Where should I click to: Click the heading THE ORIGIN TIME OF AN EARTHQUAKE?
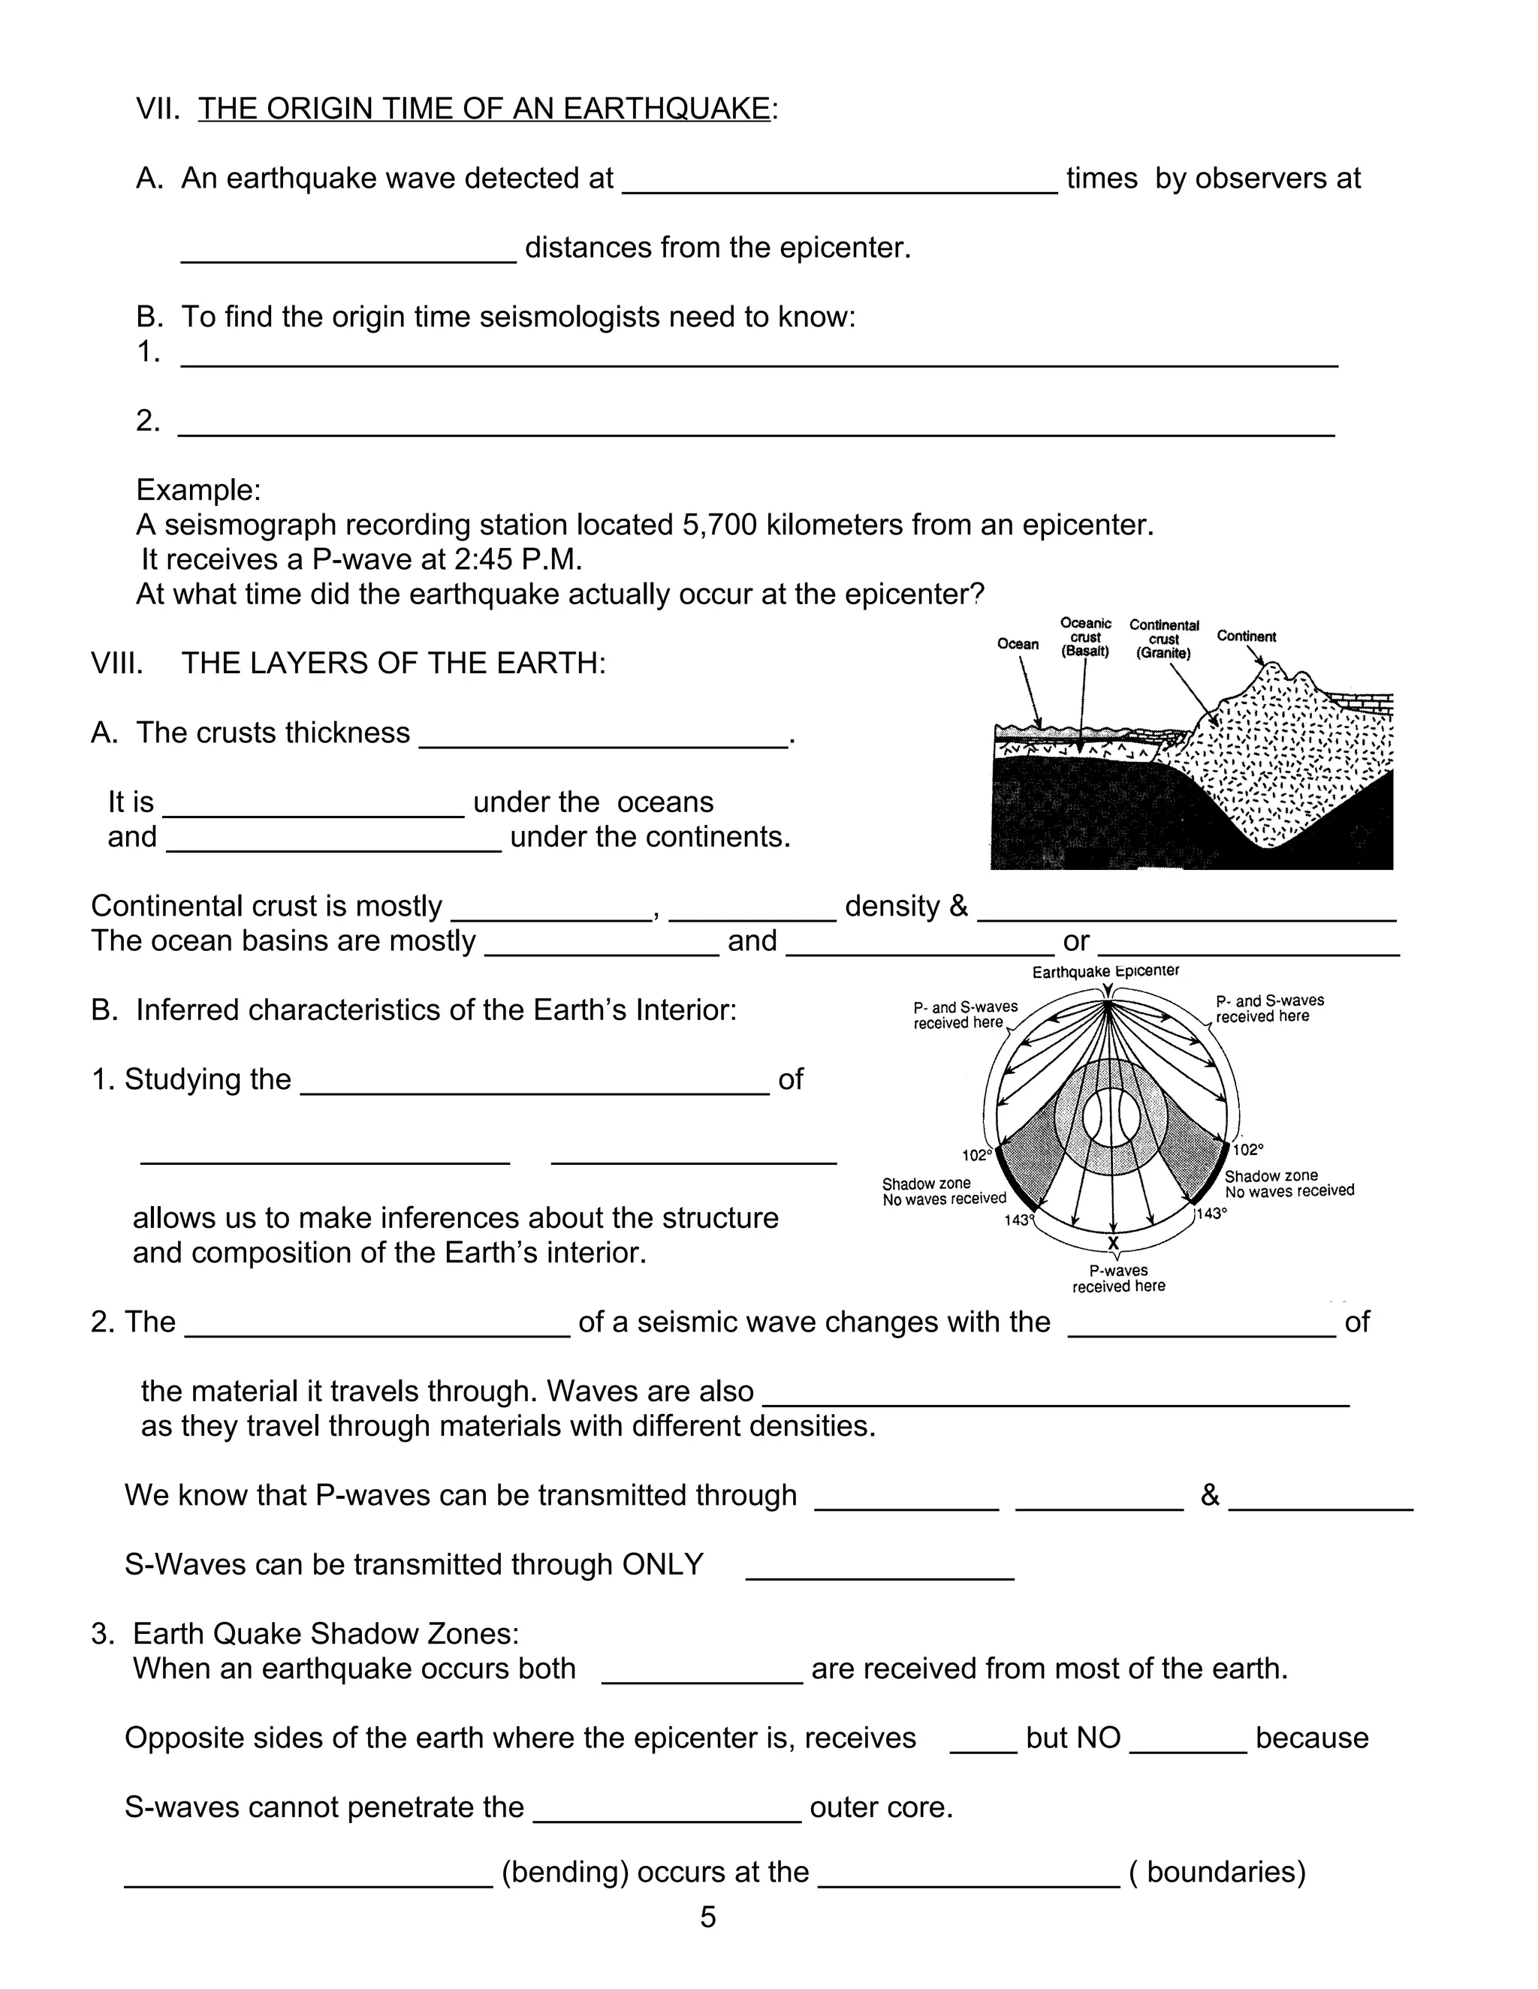coord(484,108)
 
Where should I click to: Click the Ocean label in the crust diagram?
coord(1017,644)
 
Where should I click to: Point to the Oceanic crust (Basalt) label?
coord(1085,637)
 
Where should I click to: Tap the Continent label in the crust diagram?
coord(1246,636)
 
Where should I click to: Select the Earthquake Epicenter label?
coord(1105,972)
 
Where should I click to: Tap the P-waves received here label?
coord(1118,1279)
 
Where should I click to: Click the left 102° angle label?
coord(977,1156)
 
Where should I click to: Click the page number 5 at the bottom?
coord(708,1917)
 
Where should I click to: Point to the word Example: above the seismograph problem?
coord(198,490)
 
